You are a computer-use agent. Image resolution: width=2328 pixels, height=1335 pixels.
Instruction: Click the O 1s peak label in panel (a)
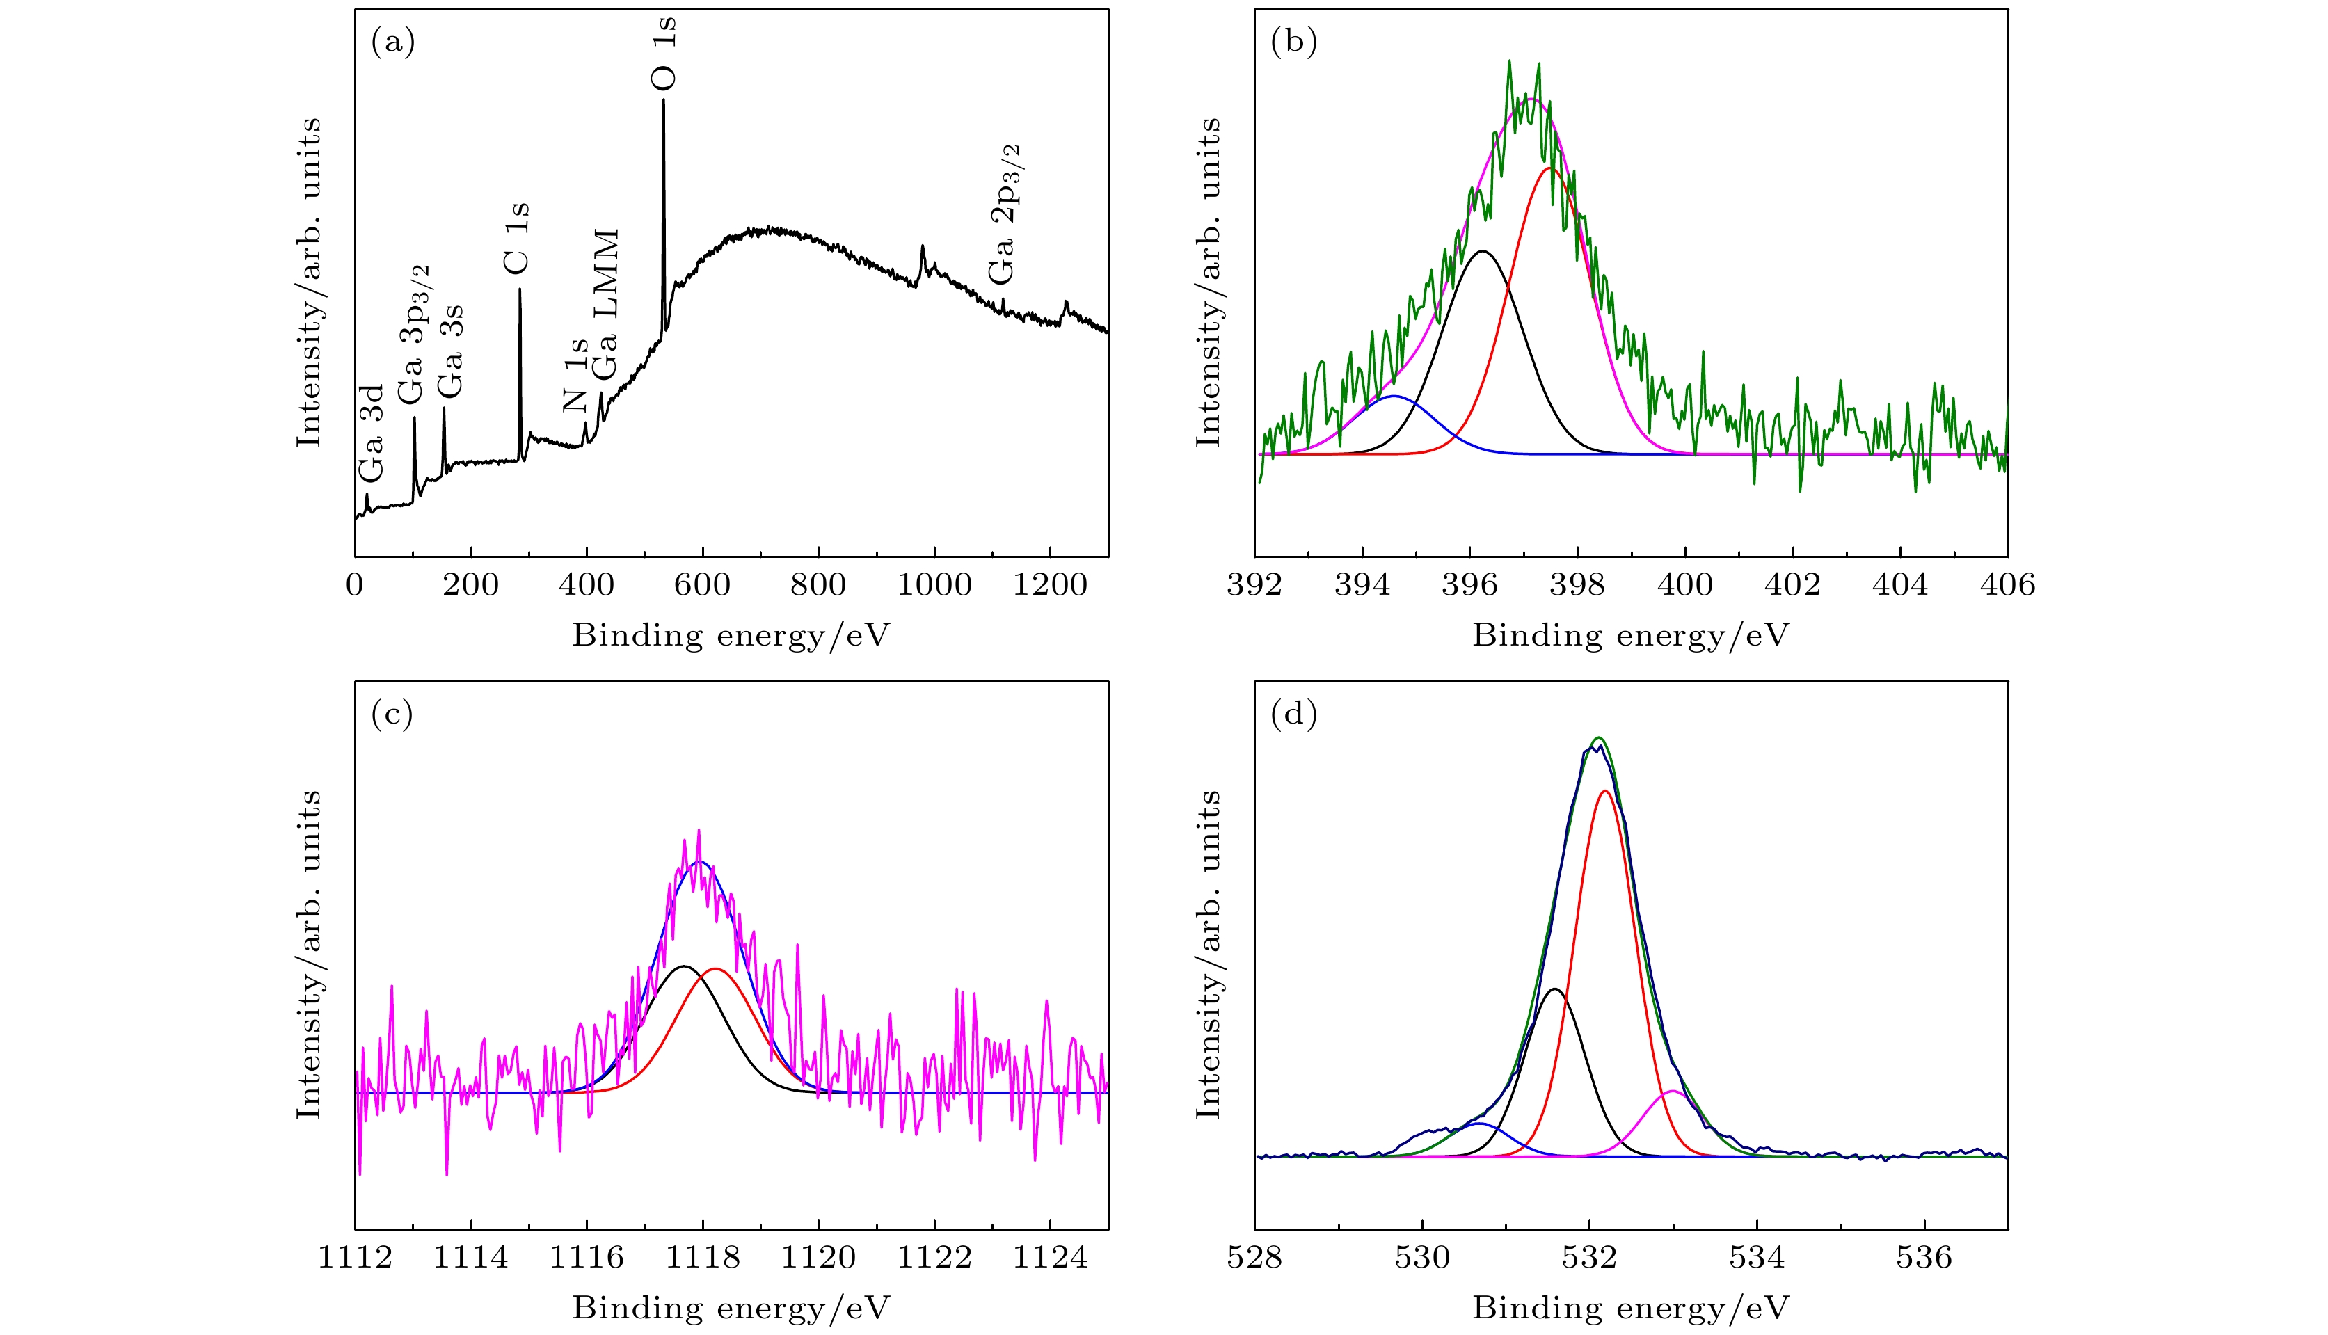tap(664, 53)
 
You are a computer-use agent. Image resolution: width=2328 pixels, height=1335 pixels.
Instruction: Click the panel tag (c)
tap(392, 714)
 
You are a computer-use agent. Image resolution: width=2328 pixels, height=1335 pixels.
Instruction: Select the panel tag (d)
tap(1293, 714)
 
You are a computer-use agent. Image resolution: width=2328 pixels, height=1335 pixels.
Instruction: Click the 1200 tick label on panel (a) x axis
tap(1050, 585)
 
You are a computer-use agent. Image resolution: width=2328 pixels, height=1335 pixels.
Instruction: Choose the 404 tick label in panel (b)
tap(1901, 585)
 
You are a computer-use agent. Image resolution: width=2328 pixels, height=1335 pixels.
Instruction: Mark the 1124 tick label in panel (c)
tap(1050, 1257)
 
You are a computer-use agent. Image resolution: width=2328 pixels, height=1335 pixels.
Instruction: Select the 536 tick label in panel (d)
tap(1924, 1257)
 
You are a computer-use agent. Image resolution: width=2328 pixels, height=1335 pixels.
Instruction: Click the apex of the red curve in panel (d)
tap(1604, 790)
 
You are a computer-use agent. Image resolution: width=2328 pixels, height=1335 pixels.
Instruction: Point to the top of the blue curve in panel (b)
tap(1394, 396)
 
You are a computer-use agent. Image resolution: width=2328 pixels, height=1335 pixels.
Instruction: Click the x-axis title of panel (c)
tap(731, 1307)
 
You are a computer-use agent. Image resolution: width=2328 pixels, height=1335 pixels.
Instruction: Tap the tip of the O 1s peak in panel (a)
tap(664, 100)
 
